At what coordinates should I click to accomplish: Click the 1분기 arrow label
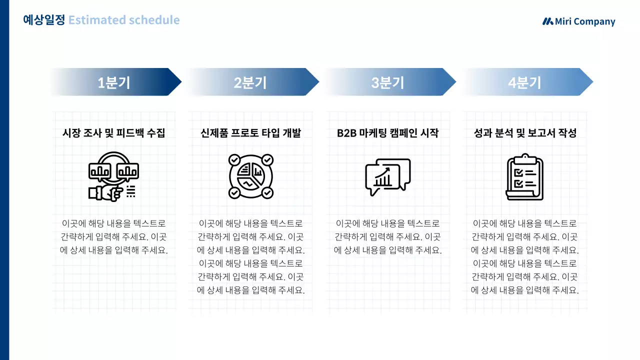click(114, 82)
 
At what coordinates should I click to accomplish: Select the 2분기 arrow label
click(250, 82)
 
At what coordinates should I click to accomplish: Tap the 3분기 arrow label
click(387, 82)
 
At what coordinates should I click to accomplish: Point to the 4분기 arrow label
click(524, 82)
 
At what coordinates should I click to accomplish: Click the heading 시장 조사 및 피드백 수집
click(113, 133)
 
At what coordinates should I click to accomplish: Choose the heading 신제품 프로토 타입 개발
click(250, 133)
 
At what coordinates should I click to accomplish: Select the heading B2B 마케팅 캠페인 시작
click(387, 133)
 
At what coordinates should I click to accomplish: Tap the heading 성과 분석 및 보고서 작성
click(525, 133)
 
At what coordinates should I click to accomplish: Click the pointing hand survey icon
click(113, 176)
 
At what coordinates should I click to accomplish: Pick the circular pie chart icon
click(250, 176)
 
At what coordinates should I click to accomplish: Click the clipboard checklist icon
click(525, 176)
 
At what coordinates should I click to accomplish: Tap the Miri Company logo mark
click(548, 21)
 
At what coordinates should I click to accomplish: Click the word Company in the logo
click(594, 22)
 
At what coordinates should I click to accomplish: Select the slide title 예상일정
click(44, 20)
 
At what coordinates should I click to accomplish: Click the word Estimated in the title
click(97, 20)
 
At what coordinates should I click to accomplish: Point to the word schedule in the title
click(154, 20)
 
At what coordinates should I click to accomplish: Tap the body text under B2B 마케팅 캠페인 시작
click(387, 237)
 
